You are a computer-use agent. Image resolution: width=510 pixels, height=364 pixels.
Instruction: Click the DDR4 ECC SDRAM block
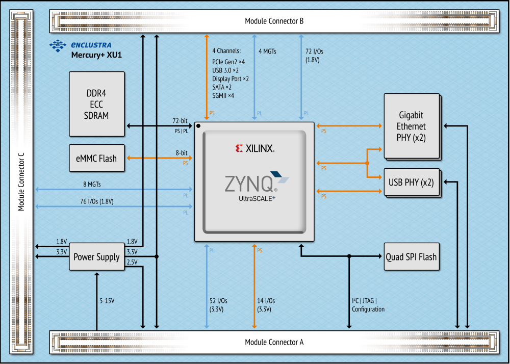(x=96, y=104)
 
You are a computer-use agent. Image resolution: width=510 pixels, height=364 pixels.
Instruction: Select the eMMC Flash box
(x=96, y=158)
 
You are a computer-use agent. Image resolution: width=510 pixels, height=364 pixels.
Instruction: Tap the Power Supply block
(x=96, y=257)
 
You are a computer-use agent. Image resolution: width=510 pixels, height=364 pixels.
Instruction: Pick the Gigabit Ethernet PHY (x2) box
(x=411, y=126)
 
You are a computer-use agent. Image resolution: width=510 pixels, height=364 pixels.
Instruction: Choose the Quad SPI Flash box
(x=411, y=257)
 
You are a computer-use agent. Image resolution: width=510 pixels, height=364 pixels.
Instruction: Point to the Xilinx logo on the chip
(x=255, y=148)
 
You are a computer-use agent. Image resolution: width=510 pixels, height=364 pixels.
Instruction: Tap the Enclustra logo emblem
(x=58, y=45)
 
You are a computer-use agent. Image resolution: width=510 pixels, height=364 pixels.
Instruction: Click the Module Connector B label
(x=274, y=21)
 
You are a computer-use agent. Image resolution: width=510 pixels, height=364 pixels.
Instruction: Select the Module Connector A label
(x=274, y=342)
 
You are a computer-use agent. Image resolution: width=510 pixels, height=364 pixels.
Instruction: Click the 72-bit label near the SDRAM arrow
(x=180, y=121)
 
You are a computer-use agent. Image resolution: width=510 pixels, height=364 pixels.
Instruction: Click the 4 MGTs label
(x=268, y=51)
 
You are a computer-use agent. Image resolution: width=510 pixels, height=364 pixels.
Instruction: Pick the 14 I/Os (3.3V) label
(x=266, y=305)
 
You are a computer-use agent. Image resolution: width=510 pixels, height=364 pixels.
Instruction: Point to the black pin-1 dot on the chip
(x=198, y=125)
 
